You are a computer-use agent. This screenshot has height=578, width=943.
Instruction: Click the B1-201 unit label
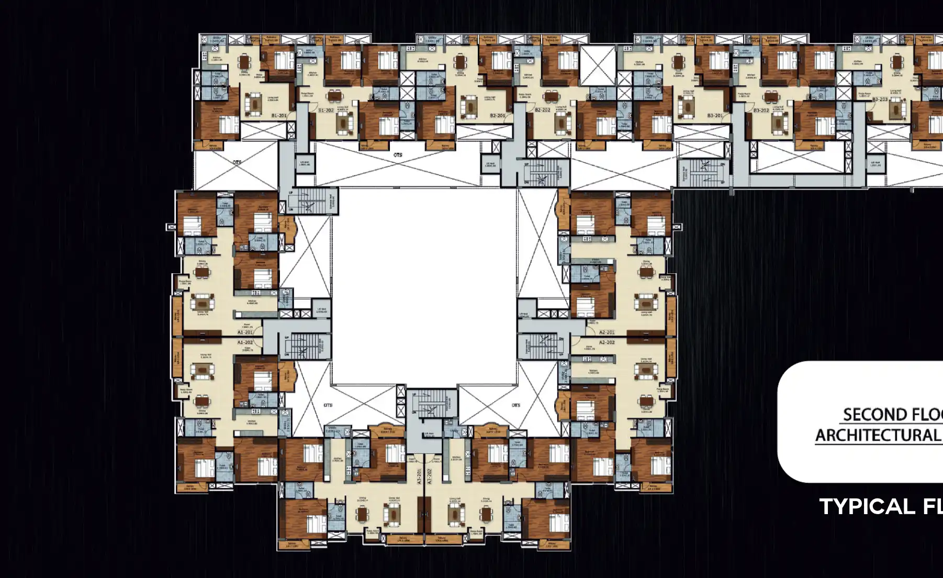pos(279,116)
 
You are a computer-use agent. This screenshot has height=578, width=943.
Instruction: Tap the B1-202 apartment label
pos(326,110)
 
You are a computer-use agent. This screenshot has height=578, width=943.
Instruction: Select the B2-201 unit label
pos(497,116)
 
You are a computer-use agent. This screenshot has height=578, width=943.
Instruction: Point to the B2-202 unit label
pos(542,110)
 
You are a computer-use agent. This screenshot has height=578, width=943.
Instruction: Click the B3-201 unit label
pos(715,116)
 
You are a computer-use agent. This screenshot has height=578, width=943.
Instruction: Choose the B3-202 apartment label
pos(761,110)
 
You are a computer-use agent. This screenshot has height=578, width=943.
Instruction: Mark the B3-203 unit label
pos(880,99)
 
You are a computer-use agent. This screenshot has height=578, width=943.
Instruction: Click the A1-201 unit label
pos(245,332)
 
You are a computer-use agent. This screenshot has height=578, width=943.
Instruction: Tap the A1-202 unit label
pos(245,342)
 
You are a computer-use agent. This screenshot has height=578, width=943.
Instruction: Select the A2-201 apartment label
pos(607,332)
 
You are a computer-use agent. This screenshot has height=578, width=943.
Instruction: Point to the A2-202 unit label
pos(607,342)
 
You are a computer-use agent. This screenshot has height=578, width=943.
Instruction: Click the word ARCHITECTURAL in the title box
pos(877,436)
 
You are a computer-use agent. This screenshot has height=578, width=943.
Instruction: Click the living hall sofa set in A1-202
pos(202,371)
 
